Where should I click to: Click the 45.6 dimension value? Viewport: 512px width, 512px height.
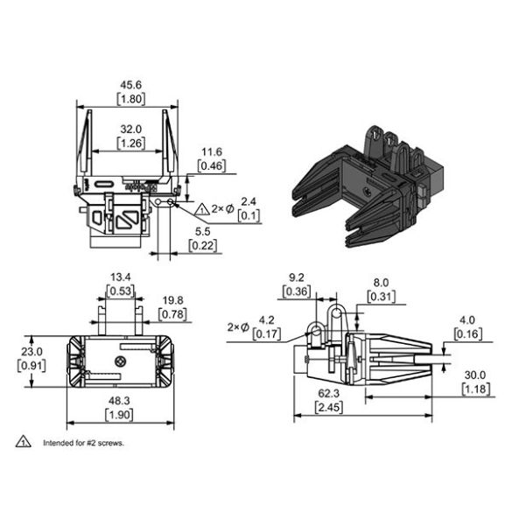(131, 85)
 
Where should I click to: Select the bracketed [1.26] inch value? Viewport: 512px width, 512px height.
(131, 144)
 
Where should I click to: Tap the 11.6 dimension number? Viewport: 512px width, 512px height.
(212, 151)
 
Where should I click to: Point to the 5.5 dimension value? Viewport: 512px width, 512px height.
(202, 232)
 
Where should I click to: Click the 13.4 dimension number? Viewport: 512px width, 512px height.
(121, 277)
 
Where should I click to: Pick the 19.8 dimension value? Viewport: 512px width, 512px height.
(172, 300)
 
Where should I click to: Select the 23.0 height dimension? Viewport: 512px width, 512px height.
(32, 352)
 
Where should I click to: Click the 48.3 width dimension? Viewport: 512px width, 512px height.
(119, 400)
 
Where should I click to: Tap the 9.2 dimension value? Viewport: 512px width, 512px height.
(297, 277)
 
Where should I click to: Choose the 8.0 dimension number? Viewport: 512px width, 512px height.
(381, 283)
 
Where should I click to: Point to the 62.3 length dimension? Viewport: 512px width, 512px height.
(329, 394)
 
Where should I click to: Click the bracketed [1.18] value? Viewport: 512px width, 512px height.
(476, 389)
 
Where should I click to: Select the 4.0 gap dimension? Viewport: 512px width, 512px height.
(467, 320)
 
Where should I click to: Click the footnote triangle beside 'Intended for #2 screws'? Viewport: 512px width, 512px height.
(23, 441)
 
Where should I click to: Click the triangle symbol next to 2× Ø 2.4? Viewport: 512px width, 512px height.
(202, 209)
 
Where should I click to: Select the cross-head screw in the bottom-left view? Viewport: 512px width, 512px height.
(121, 361)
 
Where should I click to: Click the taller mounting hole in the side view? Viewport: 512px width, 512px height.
(336, 314)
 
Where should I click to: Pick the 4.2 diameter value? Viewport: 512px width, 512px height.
(266, 320)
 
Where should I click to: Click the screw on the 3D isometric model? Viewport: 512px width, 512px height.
(367, 192)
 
